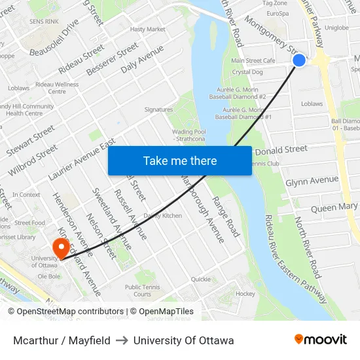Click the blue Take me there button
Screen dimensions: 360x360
180,160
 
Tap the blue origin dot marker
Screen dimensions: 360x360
299,60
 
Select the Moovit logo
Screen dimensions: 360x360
321,339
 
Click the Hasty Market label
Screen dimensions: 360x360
147,29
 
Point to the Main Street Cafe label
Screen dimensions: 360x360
253,61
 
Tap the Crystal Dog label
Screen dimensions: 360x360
247,72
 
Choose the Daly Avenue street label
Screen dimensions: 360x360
142,58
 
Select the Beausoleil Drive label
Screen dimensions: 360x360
54,37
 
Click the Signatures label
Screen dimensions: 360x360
158,109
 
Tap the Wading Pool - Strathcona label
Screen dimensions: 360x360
189,135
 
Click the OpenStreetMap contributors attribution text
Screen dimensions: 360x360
66,312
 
